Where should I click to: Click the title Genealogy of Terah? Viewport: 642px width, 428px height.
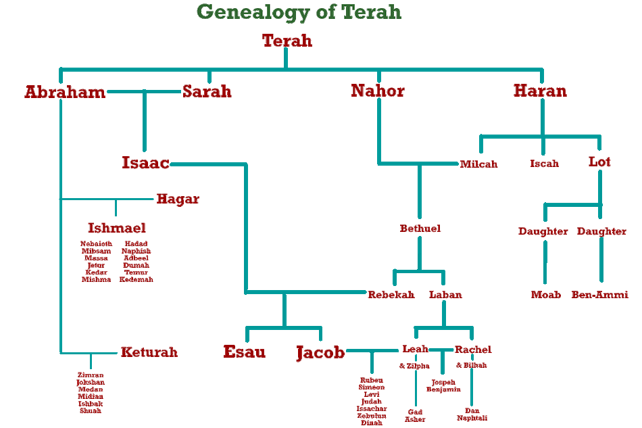click(x=299, y=11)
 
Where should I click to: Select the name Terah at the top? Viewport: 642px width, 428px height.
click(x=287, y=41)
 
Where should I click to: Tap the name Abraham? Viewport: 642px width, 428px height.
click(x=65, y=92)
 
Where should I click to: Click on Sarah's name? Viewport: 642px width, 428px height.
click(x=207, y=91)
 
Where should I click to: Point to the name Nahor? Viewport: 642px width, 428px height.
click(x=378, y=91)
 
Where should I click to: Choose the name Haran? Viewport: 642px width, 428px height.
click(x=540, y=91)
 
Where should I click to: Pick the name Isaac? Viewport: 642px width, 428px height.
click(x=145, y=162)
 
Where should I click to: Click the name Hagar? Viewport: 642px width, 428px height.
click(x=178, y=199)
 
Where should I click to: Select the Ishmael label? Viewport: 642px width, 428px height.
click(x=117, y=228)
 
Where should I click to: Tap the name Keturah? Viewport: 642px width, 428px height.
click(x=149, y=352)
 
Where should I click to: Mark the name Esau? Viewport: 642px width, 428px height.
click(x=245, y=352)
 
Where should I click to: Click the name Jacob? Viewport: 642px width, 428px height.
click(x=320, y=352)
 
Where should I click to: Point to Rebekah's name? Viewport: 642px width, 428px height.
click(x=391, y=295)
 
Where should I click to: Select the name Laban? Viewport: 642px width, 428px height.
click(x=445, y=295)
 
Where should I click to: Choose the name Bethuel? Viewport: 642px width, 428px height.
click(x=420, y=229)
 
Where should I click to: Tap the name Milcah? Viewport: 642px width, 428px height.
click(x=478, y=164)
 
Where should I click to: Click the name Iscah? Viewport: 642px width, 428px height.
click(x=544, y=164)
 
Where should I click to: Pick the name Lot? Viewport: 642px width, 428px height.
click(x=599, y=162)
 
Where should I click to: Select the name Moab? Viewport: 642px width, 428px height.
click(x=546, y=295)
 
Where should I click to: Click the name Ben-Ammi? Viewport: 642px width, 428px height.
click(x=600, y=295)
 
